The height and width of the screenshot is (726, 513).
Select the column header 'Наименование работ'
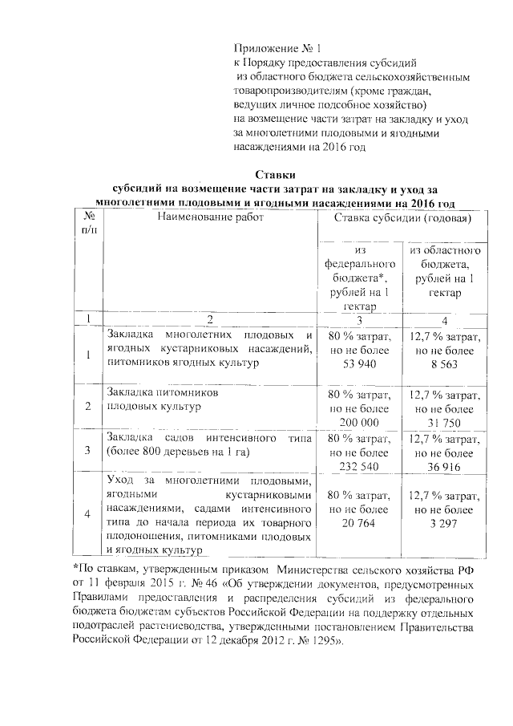pyautogui.click(x=210, y=218)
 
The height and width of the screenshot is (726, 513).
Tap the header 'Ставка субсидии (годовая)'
pyautogui.click(x=402, y=218)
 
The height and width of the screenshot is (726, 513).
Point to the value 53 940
pyautogui.click(x=359, y=363)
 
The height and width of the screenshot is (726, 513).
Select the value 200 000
pyautogui.click(x=359, y=422)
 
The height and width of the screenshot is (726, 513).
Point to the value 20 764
pyautogui.click(x=359, y=522)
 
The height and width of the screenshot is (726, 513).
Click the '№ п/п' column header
pyautogui.click(x=90, y=224)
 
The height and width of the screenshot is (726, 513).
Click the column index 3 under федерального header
pyautogui.click(x=359, y=318)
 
